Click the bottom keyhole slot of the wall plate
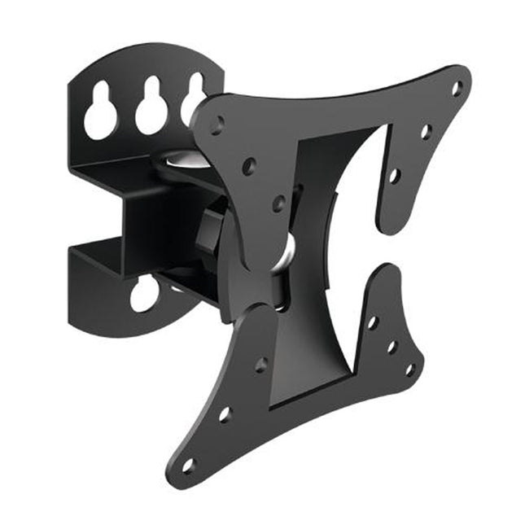pos(144,295)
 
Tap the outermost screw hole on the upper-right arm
pos(457,85)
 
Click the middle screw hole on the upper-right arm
pos(425,130)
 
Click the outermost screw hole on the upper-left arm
pos(217,125)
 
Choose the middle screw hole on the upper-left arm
pos(249,165)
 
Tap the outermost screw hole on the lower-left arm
pos(188,465)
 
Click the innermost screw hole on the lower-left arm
pos(261,364)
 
